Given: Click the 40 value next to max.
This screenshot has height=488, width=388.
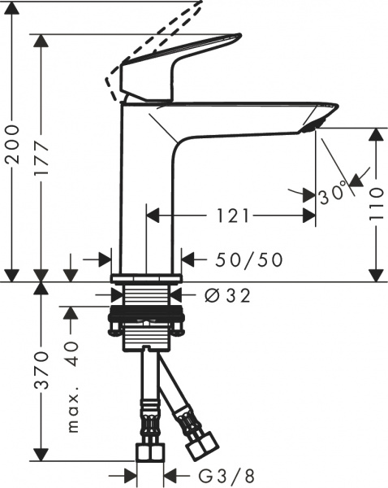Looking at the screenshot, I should click(x=72, y=354).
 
